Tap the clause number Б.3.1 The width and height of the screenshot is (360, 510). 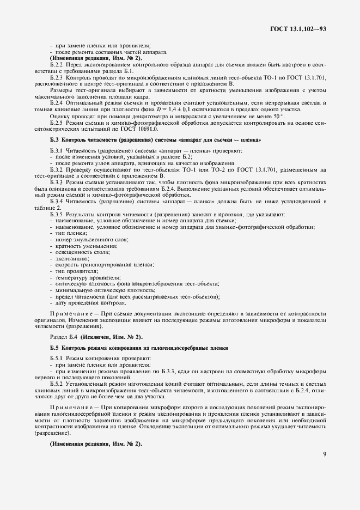point(58,150)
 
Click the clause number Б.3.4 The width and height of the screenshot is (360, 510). point(58,202)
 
